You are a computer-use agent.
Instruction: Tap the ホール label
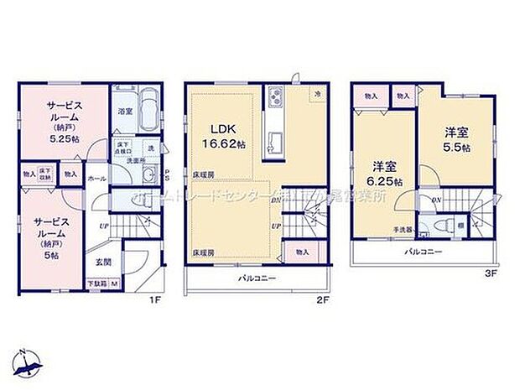96,179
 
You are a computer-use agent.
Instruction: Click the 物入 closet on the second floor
301,251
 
